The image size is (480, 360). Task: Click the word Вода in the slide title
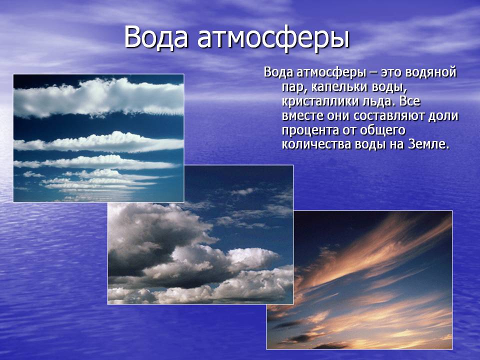tap(156, 37)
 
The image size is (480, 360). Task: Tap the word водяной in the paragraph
tap(430, 73)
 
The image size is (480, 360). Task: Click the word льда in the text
tap(378, 101)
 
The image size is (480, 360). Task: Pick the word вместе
tap(301, 116)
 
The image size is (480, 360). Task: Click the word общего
tap(382, 130)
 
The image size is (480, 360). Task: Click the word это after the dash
tap(391, 73)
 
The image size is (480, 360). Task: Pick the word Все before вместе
tap(409, 101)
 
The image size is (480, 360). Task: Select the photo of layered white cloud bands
tap(98, 138)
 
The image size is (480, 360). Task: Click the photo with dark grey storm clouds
tap(200, 235)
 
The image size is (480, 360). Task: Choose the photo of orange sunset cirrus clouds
tap(359, 280)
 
